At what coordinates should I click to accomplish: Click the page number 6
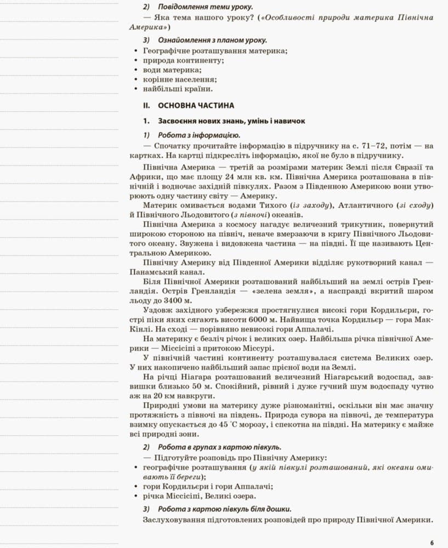pyautogui.click(x=432, y=543)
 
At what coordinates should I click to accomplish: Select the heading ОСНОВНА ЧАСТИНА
pyautogui.click(x=196, y=105)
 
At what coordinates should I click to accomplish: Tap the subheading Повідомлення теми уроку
pyautogui.click(x=206, y=7)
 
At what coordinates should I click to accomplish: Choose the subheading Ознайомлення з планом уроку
pyautogui.click(x=213, y=41)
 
